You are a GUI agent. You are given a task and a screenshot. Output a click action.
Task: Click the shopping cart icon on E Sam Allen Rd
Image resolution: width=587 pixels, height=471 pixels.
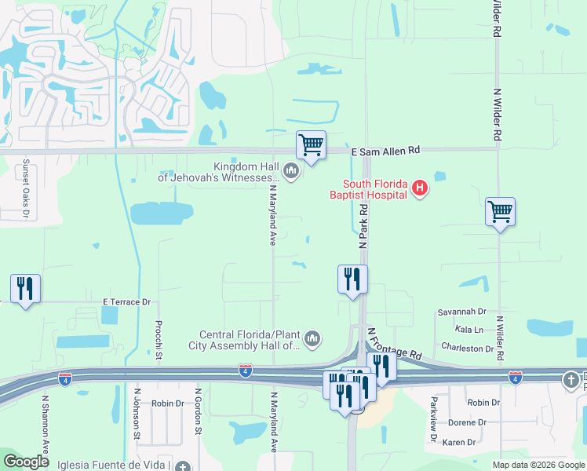coord(312,145)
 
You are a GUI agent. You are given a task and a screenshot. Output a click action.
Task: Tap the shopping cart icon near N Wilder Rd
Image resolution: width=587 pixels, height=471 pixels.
coord(500,211)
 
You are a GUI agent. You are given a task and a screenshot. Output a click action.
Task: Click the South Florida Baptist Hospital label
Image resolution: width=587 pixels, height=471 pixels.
coord(368,188)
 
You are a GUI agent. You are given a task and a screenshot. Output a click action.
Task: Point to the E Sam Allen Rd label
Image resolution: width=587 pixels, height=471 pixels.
coord(386,150)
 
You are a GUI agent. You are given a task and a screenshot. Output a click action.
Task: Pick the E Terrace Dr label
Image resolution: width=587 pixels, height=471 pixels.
coord(126,301)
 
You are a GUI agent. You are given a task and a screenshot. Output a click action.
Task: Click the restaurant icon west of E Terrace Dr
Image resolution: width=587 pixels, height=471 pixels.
coord(26,289)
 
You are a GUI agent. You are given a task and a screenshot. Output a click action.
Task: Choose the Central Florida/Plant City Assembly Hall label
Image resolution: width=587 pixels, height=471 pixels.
coord(245,339)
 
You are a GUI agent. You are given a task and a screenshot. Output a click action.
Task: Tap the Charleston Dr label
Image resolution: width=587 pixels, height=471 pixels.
coord(467,348)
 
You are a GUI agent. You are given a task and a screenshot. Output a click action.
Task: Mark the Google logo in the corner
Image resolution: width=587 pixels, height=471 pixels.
coord(27,462)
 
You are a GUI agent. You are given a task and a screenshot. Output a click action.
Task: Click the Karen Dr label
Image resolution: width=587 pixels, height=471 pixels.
coord(458,443)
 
